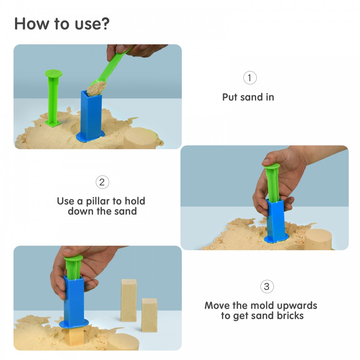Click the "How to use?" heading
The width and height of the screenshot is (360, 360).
[x=62, y=24]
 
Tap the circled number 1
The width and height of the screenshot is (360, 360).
[x=250, y=78]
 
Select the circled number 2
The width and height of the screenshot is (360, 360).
[x=102, y=182]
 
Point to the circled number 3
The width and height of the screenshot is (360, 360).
[x=267, y=287]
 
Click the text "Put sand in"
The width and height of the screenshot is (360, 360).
[x=248, y=97]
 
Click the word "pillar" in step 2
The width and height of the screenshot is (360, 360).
[x=98, y=201]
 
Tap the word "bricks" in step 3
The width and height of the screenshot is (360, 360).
[x=290, y=316]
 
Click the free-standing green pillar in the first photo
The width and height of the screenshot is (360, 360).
[x=53, y=98]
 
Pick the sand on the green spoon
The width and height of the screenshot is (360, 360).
[x=96, y=89]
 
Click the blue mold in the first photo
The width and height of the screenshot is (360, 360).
[x=91, y=116]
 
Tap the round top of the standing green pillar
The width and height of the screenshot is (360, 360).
[x=54, y=73]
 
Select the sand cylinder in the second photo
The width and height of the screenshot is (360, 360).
[x=318, y=239]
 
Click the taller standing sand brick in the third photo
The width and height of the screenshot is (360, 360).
[x=129, y=300]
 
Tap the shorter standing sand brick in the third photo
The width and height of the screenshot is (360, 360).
[x=149, y=315]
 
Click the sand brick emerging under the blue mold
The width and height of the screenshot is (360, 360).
[x=74, y=336]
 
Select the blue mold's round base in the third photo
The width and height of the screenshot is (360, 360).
[x=74, y=324]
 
